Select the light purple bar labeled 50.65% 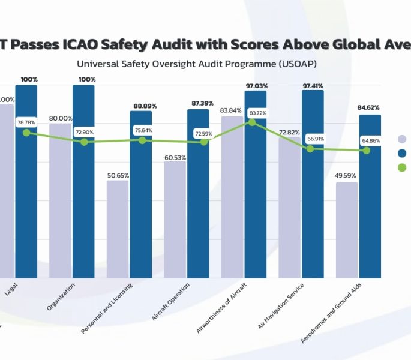118,229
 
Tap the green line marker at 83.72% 252,122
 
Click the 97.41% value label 313,86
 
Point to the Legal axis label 11,289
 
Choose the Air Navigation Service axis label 281,305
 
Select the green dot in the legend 402,167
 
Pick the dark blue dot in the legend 402,153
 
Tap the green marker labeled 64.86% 367,150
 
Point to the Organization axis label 65,296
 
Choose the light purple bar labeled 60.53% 175,220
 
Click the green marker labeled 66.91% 310,148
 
